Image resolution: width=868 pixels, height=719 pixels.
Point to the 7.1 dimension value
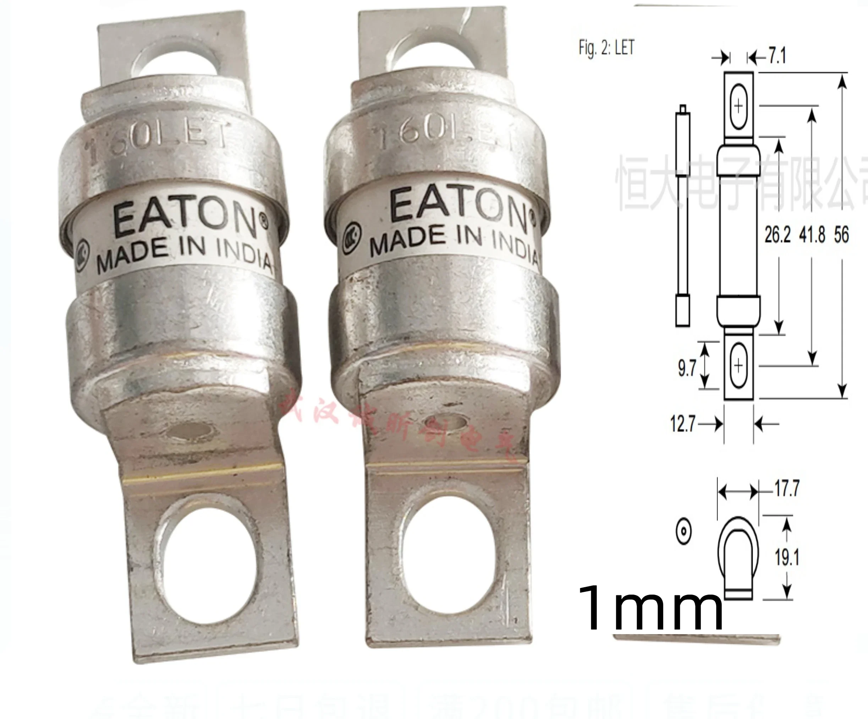[777, 56]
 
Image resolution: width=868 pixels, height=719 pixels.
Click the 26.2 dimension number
[777, 235]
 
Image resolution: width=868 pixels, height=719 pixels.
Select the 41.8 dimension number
[812, 235]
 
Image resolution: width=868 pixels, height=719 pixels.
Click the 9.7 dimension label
[687, 367]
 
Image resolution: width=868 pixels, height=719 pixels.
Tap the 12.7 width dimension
[682, 424]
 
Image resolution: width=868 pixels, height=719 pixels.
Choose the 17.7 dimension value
[787, 488]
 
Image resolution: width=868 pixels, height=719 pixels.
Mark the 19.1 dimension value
[787, 557]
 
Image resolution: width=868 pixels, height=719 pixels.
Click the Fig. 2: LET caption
[606, 48]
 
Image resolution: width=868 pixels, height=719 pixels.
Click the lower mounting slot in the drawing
[738, 365]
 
